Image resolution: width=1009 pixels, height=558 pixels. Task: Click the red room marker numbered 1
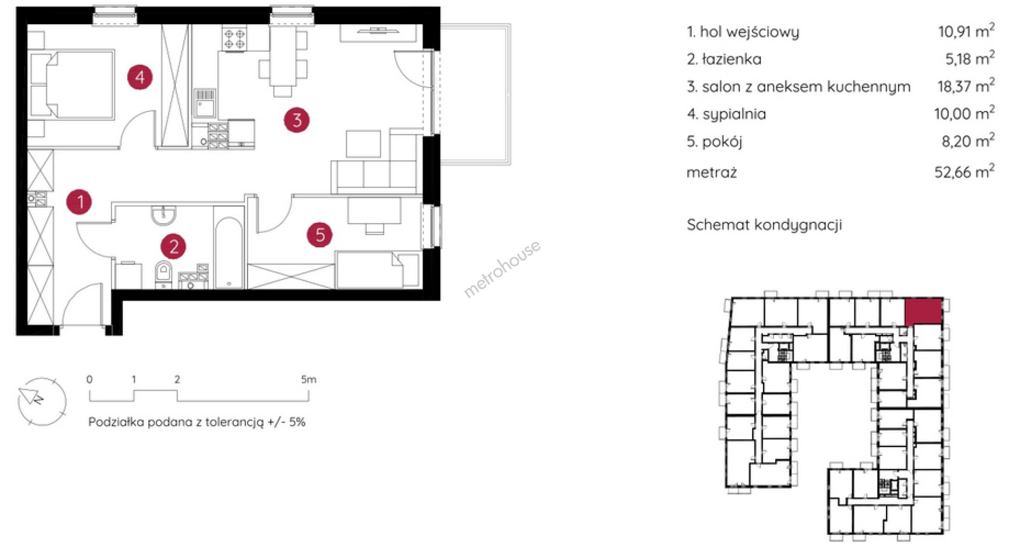[x=79, y=202]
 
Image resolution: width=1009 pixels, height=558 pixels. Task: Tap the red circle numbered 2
[x=173, y=246]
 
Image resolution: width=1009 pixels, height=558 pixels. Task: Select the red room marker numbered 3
[x=297, y=120]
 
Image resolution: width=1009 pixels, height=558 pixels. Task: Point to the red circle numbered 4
[x=140, y=77]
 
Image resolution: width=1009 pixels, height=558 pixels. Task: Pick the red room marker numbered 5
[x=320, y=235]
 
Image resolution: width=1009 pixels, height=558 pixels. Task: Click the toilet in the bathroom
[x=164, y=274]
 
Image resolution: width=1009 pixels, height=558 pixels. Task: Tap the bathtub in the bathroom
[x=229, y=252]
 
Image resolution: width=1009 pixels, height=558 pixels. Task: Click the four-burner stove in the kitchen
[x=234, y=39]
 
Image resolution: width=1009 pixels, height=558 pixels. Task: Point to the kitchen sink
[x=204, y=103]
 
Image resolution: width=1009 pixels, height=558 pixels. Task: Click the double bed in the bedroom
[x=73, y=85]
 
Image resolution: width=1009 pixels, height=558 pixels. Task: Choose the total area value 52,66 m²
[x=964, y=171]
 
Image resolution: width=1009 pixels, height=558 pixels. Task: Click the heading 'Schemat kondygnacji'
[x=764, y=225]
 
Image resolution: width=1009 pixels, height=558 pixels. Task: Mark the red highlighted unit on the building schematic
[x=923, y=311]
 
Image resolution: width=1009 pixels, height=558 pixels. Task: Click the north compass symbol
[x=42, y=401]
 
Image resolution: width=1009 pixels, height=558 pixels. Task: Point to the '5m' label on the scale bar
[x=308, y=379]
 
